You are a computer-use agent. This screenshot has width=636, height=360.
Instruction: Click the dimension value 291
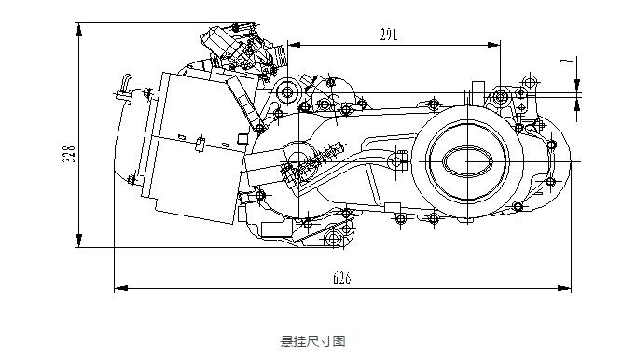click(389, 35)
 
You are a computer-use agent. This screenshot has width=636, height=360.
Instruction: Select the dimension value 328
click(69, 154)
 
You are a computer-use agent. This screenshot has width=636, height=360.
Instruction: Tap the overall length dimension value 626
click(341, 278)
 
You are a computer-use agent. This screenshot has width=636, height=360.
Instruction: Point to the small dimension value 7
click(567, 62)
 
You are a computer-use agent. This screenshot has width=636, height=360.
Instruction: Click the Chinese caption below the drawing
click(312, 341)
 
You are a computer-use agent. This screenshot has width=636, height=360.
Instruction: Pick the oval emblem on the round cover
click(467, 161)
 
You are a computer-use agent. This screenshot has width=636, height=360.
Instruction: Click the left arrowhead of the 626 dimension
click(121, 288)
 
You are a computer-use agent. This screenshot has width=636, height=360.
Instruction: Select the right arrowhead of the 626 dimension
click(564, 288)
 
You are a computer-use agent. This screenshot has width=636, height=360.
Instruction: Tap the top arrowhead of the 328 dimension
click(79, 30)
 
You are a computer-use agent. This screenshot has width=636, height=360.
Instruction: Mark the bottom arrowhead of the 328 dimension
click(79, 241)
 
